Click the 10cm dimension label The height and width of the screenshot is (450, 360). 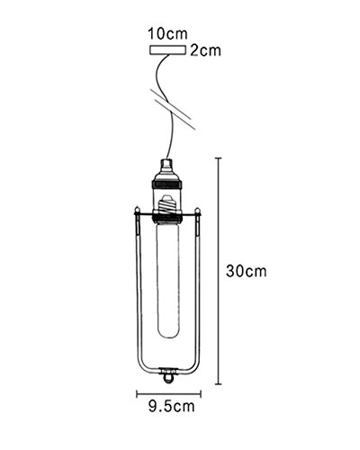pos(167,33)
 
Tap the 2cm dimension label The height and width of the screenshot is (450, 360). pos(206,50)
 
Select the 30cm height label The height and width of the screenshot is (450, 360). pos(247,271)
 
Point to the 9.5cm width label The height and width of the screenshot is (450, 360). pos(172,407)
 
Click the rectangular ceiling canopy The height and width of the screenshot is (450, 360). pos(167,49)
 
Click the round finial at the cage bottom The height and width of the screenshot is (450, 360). pos(167,377)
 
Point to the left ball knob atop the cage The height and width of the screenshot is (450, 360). pos(137,210)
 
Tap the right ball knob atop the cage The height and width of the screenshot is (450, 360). pos(197,210)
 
